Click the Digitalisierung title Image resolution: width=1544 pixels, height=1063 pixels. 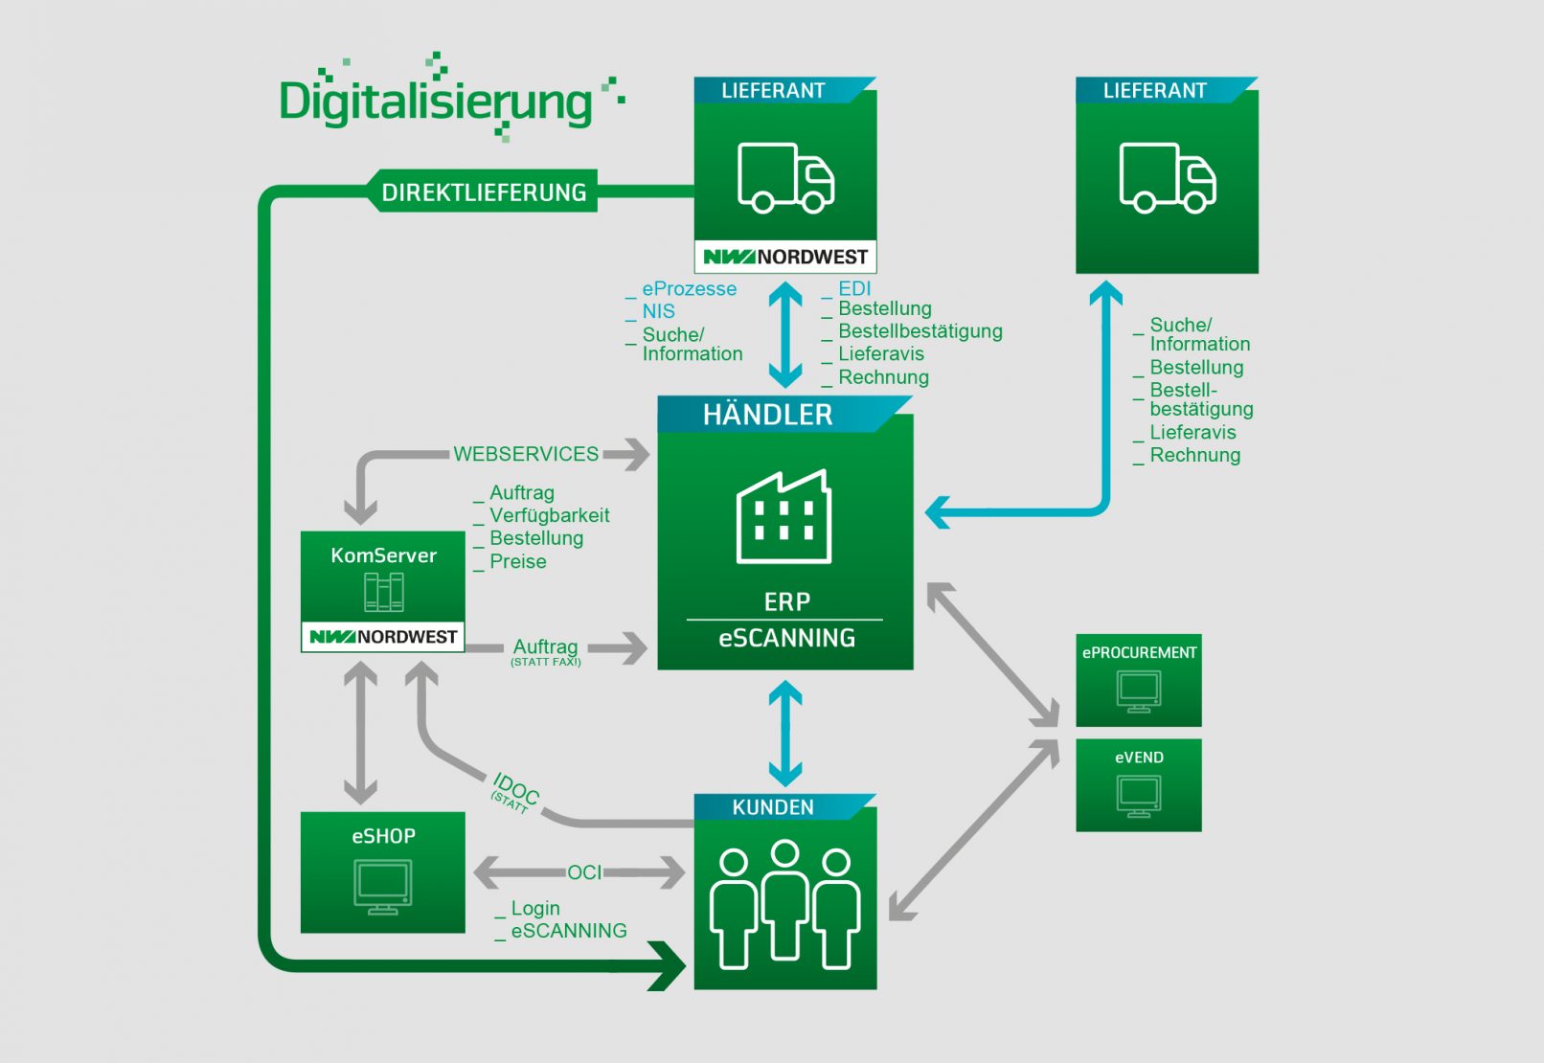click(x=437, y=102)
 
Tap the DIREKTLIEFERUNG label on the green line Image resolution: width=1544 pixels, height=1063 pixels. click(x=484, y=192)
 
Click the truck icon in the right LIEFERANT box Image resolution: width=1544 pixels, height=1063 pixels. click(x=1167, y=177)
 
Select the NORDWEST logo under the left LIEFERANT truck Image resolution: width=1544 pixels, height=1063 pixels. click(x=785, y=257)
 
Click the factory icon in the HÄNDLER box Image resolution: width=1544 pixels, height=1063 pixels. click(x=783, y=517)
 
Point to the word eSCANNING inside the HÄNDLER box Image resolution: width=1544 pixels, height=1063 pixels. click(x=786, y=638)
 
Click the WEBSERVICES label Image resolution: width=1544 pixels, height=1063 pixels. click(x=526, y=454)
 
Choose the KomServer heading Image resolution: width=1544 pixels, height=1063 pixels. click(x=383, y=555)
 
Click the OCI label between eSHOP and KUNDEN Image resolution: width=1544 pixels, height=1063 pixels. click(x=584, y=872)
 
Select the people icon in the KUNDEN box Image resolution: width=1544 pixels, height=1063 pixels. click(x=784, y=905)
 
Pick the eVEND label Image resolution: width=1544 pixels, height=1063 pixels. click(x=1139, y=758)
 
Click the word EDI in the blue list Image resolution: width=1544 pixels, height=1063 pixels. click(x=854, y=288)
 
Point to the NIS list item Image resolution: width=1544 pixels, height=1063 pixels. click(x=658, y=311)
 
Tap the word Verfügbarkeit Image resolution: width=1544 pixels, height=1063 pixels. click(x=549, y=515)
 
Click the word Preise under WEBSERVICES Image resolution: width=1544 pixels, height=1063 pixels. click(x=518, y=561)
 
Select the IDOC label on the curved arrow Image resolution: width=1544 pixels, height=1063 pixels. click(x=516, y=789)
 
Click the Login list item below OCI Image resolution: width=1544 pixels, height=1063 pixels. click(x=535, y=908)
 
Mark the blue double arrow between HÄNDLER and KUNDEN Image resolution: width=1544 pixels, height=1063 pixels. click(x=785, y=733)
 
